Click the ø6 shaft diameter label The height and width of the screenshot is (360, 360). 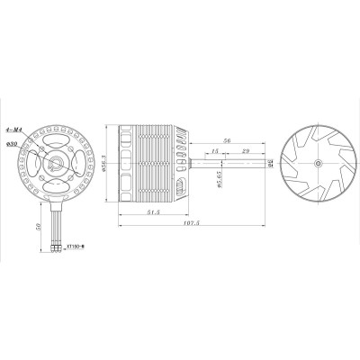pyautogui.click(x=270, y=164)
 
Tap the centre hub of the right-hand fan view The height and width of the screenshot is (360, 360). pyautogui.click(x=320, y=164)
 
